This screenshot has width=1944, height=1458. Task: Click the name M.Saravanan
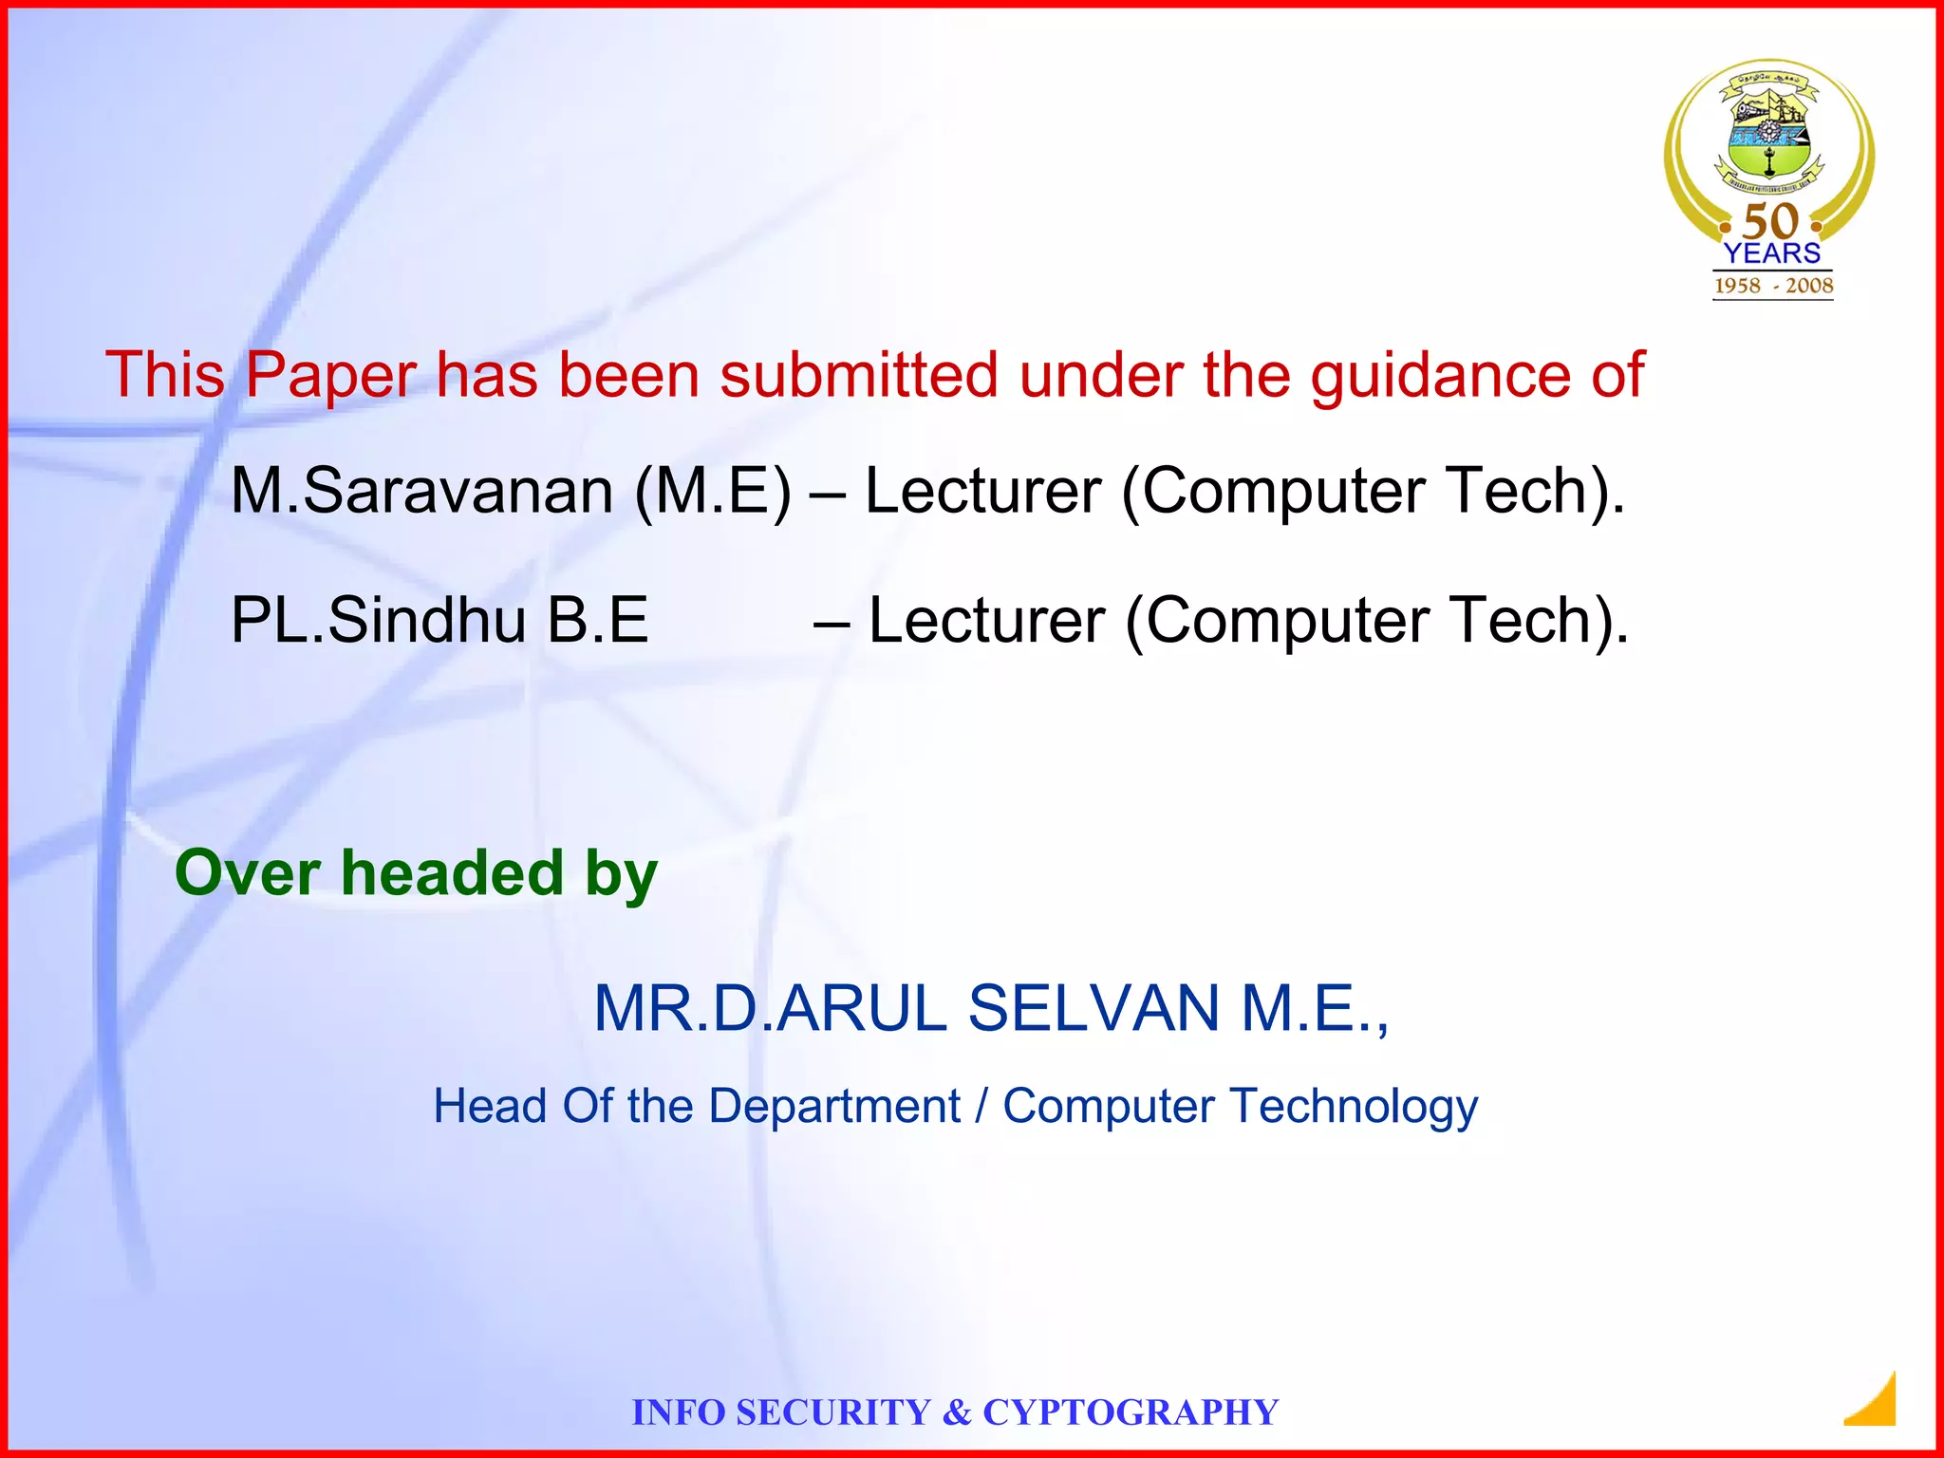pyautogui.click(x=422, y=492)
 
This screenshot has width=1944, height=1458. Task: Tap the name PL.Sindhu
pyautogui.click(x=379, y=621)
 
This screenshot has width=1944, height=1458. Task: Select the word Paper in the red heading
pyautogui.click(x=330, y=376)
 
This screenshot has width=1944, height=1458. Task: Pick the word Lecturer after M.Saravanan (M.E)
pyautogui.click(x=982, y=492)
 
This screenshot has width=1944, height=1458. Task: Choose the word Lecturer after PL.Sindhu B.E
pyautogui.click(x=986, y=621)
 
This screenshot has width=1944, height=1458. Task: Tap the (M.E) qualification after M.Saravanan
pyautogui.click(x=712, y=492)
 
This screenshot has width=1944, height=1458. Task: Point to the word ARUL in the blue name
pyautogui.click(x=861, y=1008)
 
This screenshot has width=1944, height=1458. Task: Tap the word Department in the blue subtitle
pyautogui.click(x=834, y=1107)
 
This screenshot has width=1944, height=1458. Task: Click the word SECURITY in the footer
pyautogui.click(x=833, y=1412)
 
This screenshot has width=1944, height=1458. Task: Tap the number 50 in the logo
pyautogui.click(x=1771, y=221)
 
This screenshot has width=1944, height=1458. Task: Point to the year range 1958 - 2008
pyautogui.click(x=1773, y=286)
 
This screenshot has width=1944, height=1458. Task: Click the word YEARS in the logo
pyautogui.click(x=1772, y=253)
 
